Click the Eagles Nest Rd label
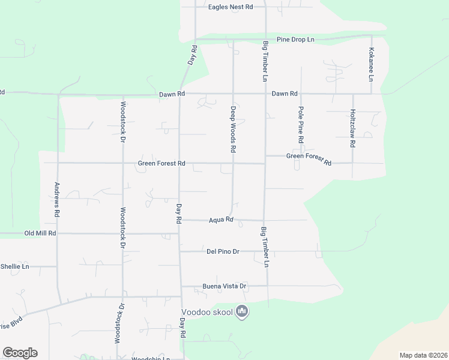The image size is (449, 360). (x=231, y=7)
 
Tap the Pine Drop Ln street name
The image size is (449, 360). (x=295, y=40)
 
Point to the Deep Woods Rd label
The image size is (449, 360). (x=233, y=129)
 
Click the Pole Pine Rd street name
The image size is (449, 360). (x=301, y=124)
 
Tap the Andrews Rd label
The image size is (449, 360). (x=57, y=200)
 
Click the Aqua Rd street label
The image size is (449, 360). (x=220, y=220)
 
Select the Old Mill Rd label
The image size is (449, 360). (x=40, y=233)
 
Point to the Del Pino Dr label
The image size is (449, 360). (x=223, y=251)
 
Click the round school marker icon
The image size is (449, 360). (x=242, y=312)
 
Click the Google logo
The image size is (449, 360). (x=20, y=353)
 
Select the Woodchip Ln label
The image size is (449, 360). (x=151, y=358)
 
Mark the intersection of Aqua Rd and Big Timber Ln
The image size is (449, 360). (x=264, y=220)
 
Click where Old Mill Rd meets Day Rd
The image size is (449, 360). (x=179, y=233)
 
